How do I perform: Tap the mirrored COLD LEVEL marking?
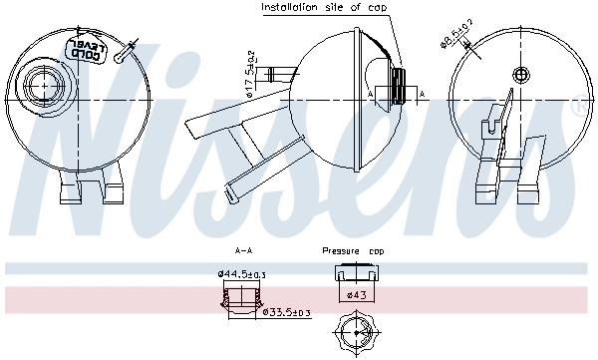(x=83, y=49)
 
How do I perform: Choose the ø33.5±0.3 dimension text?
(x=287, y=312)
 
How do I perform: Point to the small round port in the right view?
(x=518, y=74)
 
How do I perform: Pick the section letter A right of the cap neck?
(x=422, y=93)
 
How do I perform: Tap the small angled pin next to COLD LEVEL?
(x=124, y=52)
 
